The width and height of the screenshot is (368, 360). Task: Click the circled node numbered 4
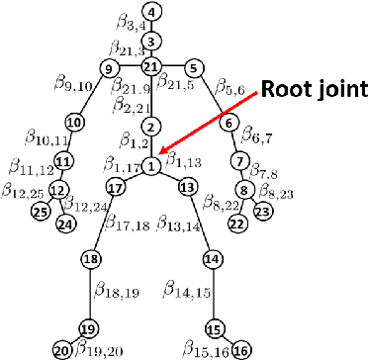(x=150, y=12)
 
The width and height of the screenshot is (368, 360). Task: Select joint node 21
(x=150, y=66)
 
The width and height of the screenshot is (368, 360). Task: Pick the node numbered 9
(x=108, y=67)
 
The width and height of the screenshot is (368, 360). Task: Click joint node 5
(x=194, y=67)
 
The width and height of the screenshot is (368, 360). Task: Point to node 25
(x=41, y=211)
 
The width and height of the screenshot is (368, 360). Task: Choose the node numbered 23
(x=263, y=211)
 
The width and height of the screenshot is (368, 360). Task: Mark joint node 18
(x=91, y=259)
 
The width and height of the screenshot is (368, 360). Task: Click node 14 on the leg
(x=211, y=259)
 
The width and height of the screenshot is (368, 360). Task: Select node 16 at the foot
(x=240, y=348)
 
